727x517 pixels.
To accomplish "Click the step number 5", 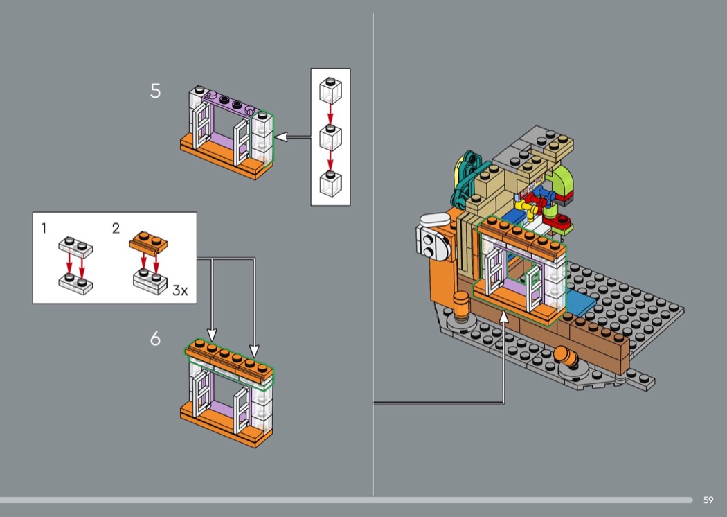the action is click(x=155, y=91).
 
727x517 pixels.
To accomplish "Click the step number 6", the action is click(x=155, y=339).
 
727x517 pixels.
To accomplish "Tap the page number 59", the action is click(x=708, y=500).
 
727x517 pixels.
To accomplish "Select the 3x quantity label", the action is click(x=180, y=290).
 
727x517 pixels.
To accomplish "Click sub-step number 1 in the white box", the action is click(x=44, y=228).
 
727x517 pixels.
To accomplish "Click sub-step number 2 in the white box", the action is click(x=116, y=228).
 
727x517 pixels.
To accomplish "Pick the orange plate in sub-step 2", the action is click(x=148, y=243).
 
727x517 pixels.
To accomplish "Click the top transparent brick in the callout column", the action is click(x=330, y=91).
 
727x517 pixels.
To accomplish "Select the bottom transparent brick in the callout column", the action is click(x=330, y=184).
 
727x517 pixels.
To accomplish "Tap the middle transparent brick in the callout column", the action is click(x=330, y=137).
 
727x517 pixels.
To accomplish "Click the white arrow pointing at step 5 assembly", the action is click(x=293, y=137).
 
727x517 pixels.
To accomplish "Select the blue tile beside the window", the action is click(x=580, y=302).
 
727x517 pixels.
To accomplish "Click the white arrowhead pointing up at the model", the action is click(x=504, y=317).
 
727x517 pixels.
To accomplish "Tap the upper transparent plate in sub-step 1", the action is click(x=75, y=247).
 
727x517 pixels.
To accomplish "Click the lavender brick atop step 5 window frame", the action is click(x=228, y=103).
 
